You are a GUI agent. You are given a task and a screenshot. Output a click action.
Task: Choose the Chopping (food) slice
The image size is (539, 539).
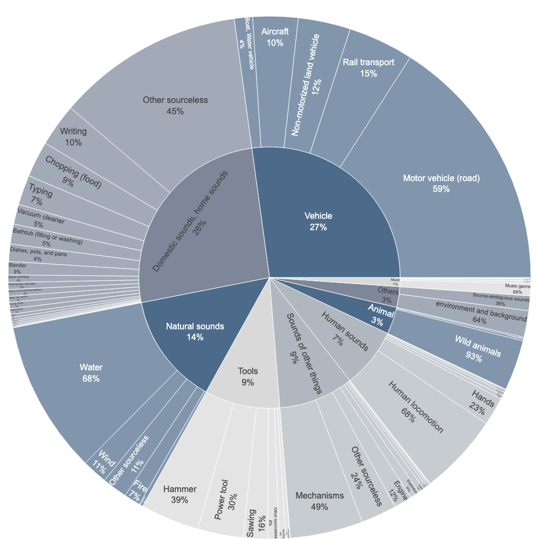click(73, 172)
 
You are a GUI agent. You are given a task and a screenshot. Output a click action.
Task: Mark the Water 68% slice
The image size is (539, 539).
click(92, 372)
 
